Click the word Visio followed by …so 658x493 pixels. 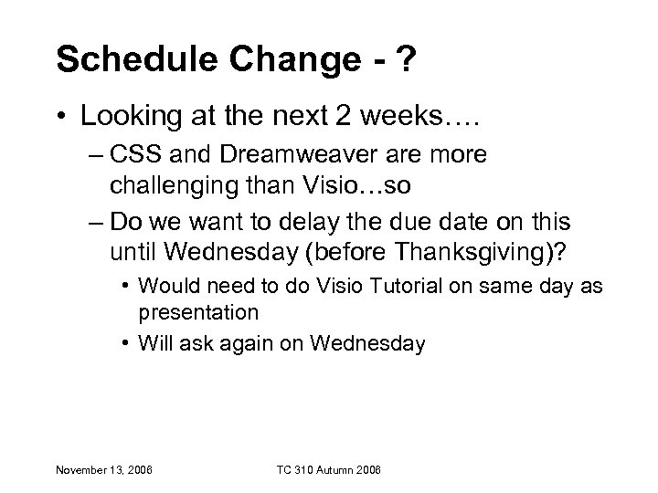346,188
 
